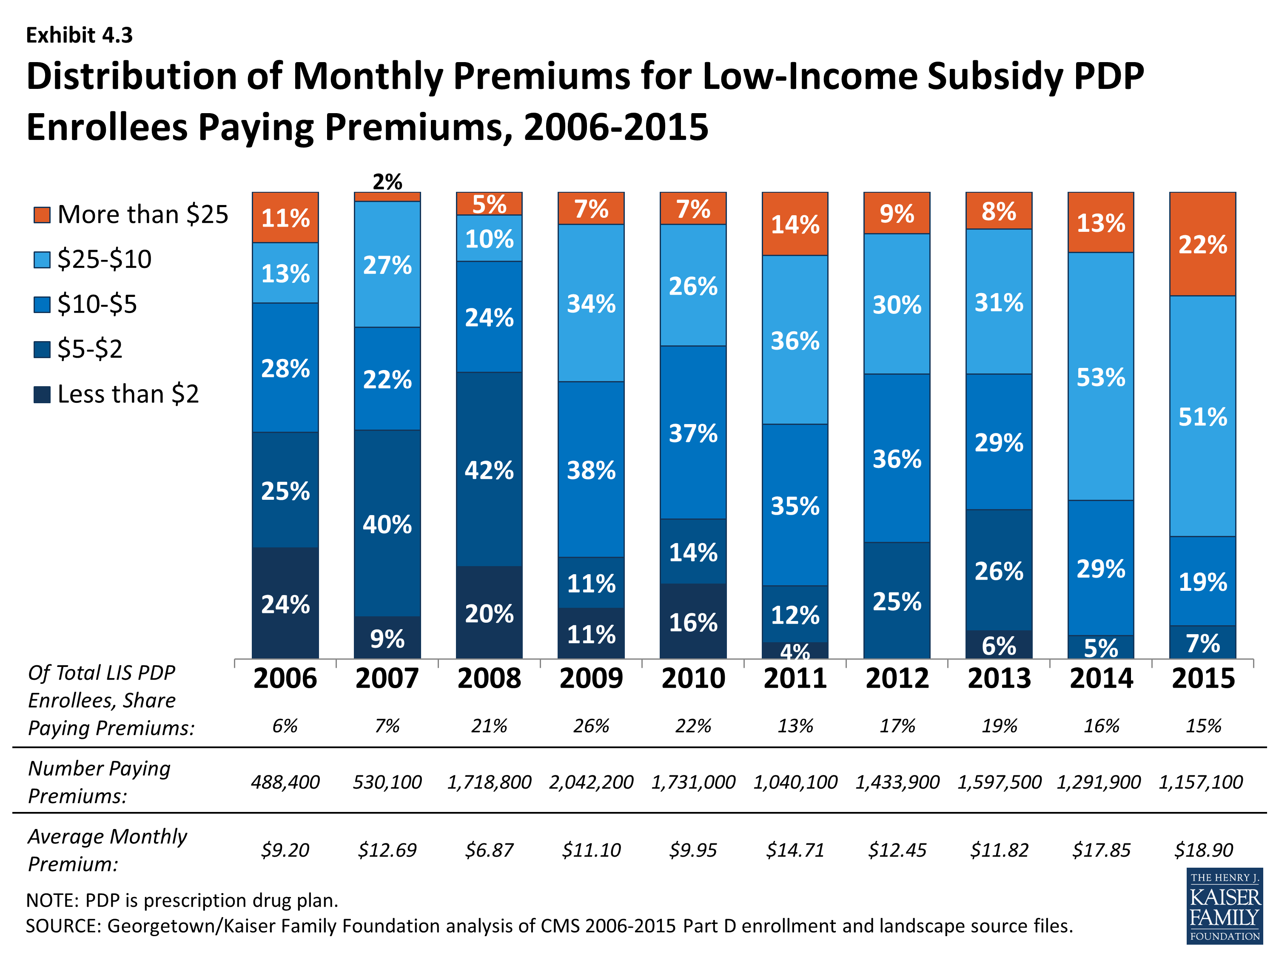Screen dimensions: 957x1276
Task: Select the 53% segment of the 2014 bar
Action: pos(1101,377)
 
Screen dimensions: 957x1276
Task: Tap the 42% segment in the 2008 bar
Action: pos(489,470)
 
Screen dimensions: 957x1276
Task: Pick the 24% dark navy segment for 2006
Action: pos(285,604)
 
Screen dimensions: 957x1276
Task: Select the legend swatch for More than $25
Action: pos(42,215)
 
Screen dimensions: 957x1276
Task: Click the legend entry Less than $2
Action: pos(128,394)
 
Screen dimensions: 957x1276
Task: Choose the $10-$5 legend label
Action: pos(97,304)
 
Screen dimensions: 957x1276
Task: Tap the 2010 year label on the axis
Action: pos(693,678)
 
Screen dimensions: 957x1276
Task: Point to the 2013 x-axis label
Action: pos(999,678)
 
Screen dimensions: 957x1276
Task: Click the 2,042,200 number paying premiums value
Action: pos(591,782)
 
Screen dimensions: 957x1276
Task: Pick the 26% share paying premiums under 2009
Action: pos(591,726)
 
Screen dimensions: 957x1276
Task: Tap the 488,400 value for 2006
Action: pos(285,782)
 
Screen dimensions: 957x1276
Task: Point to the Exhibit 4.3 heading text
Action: pos(79,35)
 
